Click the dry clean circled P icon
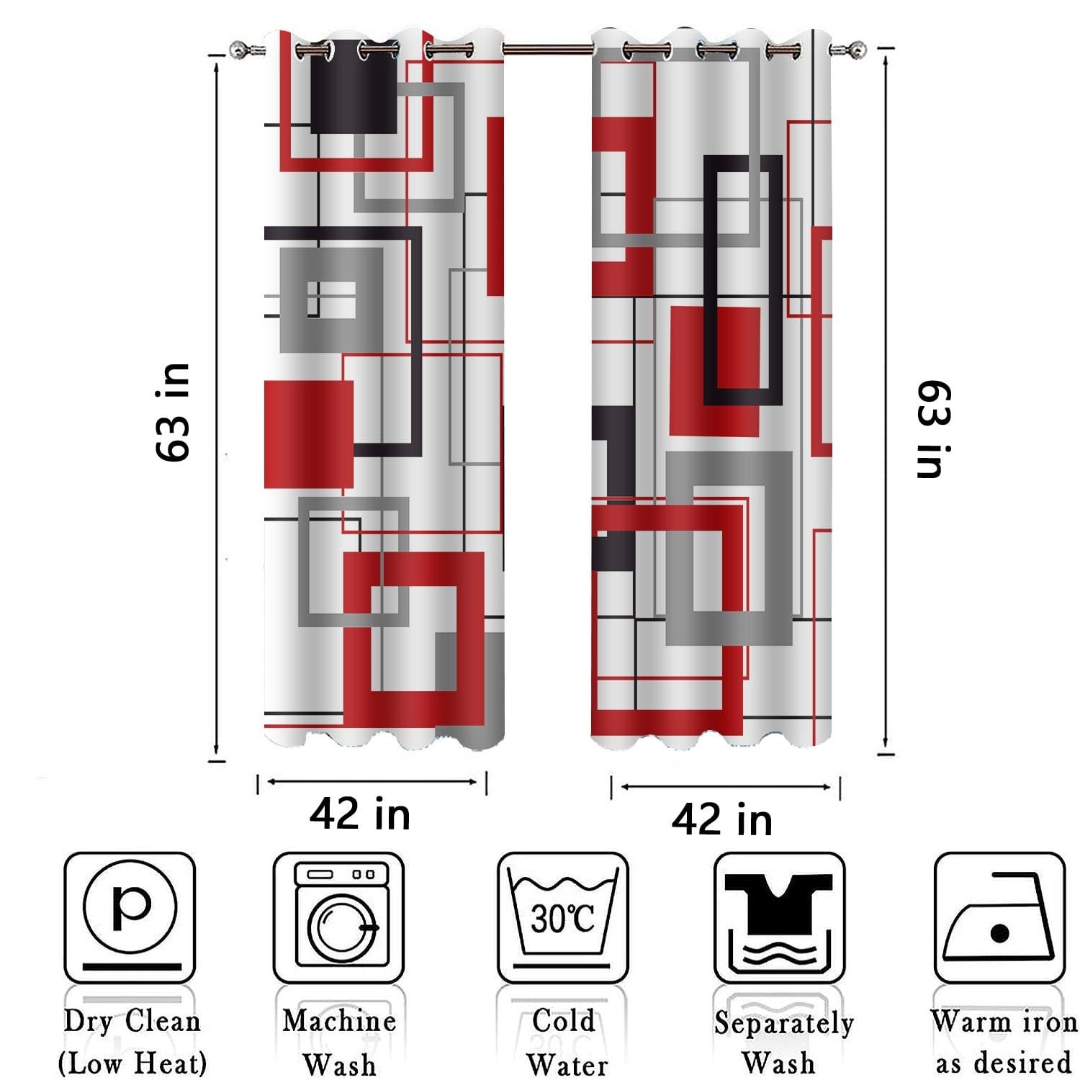click(130, 917)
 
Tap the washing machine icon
click(338, 917)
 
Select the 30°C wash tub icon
click(562, 917)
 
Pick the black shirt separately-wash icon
click(779, 917)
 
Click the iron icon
click(999, 917)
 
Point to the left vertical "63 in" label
click(173, 412)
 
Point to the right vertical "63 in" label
click(934, 429)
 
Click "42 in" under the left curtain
click(360, 814)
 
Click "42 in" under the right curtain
click(721, 819)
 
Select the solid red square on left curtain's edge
click(308, 435)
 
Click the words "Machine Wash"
click(339, 1043)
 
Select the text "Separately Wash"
click(783, 1043)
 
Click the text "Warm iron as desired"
click(1004, 1042)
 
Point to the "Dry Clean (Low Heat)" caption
click(132, 1042)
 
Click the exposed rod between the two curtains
click(547, 49)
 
